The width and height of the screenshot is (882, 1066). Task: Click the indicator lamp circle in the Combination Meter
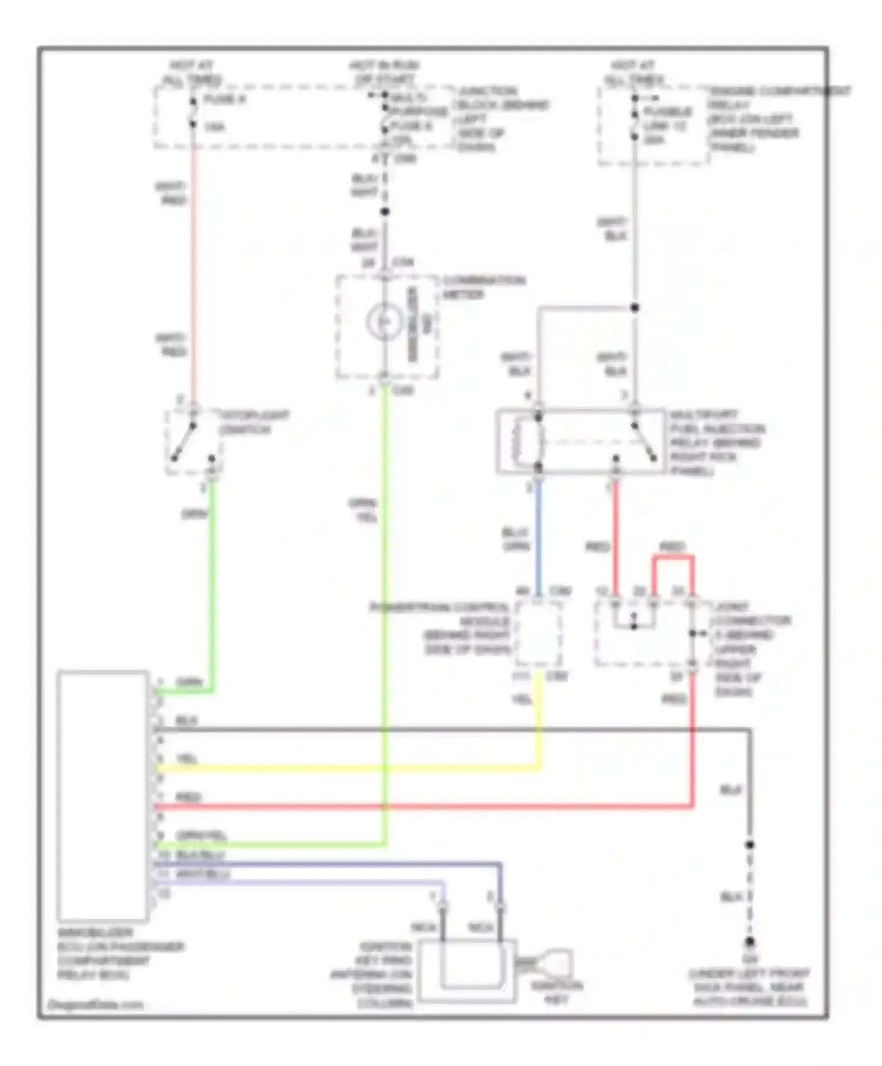[x=384, y=321]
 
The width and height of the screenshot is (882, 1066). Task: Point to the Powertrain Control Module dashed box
[x=537, y=633]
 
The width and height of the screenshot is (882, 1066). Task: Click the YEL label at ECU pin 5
[x=187, y=759]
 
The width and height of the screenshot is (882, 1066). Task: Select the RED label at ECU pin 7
[x=188, y=797]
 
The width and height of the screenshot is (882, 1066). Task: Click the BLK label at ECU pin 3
[x=186, y=720]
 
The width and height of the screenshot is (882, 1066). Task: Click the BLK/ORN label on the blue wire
[x=516, y=539]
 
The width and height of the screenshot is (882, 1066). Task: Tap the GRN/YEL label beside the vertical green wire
[x=363, y=510]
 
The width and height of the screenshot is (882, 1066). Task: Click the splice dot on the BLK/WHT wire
[x=385, y=212]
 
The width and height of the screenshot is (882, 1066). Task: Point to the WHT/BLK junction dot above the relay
[x=634, y=307]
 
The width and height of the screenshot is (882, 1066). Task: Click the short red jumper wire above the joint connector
[x=672, y=557]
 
